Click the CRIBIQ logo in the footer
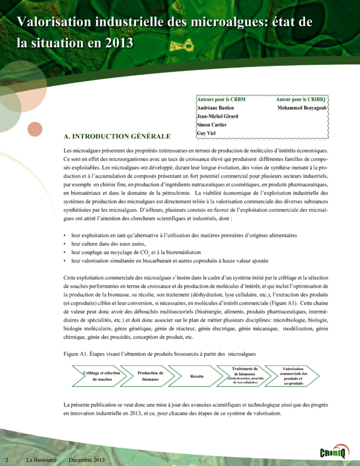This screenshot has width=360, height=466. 334,452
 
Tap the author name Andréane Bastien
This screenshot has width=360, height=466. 216,109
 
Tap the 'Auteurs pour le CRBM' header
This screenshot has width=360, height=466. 222,100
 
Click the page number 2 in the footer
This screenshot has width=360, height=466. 7,458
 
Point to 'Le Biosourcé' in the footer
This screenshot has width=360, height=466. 40,458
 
